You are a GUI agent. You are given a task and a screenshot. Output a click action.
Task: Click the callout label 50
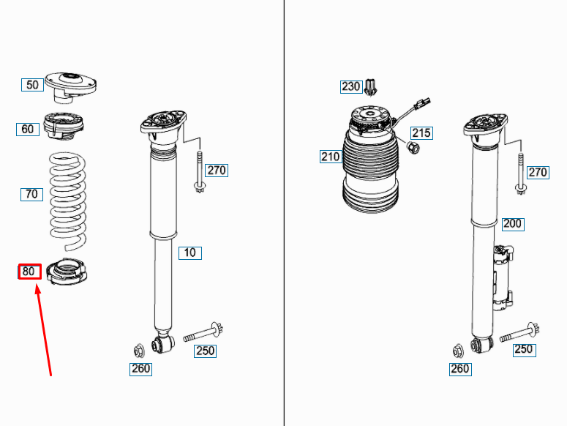[x=32, y=85]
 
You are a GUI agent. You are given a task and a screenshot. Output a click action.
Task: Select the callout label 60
[x=28, y=129]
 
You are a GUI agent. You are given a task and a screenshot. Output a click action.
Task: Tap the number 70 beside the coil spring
[x=31, y=194]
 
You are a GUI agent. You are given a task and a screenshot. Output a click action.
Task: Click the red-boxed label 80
[x=30, y=272]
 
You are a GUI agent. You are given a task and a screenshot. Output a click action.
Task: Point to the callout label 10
[x=189, y=253]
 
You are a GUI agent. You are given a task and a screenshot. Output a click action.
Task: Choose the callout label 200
[x=513, y=224]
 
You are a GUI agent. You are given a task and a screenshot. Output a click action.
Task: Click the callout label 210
[x=331, y=157]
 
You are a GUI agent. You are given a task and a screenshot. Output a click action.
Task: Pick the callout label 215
[x=421, y=132]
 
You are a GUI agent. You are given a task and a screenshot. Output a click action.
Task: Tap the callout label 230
[x=351, y=87]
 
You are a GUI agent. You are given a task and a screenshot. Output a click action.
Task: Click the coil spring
[x=68, y=201]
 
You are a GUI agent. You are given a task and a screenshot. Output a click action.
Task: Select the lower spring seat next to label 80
[x=67, y=272]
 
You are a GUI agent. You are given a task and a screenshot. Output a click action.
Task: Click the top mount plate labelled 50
[x=70, y=87]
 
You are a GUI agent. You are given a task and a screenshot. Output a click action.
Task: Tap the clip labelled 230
[x=370, y=87]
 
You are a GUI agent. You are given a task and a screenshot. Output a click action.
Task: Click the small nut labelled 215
[x=413, y=148]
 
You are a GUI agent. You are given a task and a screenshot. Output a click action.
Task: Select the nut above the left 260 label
[x=139, y=351]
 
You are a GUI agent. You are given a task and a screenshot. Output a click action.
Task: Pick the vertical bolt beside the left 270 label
[x=199, y=172]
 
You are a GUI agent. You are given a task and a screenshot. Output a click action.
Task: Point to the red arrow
[x=43, y=330]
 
